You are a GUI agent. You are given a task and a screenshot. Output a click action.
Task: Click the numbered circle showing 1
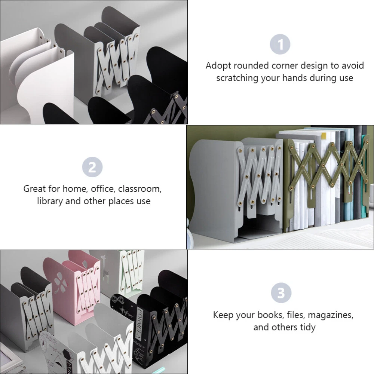280,45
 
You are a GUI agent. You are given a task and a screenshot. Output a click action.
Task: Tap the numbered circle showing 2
92,167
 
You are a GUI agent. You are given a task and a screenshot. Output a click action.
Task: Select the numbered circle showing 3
281,293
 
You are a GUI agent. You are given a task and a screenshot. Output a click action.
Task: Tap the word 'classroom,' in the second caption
140,189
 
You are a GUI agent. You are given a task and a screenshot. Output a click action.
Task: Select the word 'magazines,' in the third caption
330,315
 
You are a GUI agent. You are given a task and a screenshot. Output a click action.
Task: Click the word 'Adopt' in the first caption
218,66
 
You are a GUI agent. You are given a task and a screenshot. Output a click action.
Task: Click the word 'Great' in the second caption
34,189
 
